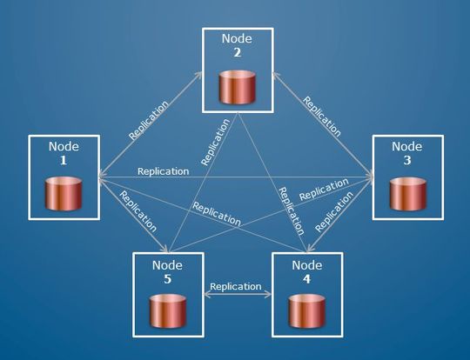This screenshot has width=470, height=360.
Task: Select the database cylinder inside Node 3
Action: (x=406, y=194)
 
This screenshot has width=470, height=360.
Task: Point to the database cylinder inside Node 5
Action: (x=168, y=310)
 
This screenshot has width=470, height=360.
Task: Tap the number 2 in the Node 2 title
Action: (x=237, y=52)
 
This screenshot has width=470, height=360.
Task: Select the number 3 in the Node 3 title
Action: (x=406, y=162)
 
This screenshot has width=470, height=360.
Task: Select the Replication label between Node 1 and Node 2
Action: (x=149, y=119)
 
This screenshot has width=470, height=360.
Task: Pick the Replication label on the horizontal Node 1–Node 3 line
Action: (x=164, y=170)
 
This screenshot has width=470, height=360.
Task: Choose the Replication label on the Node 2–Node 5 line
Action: (x=214, y=143)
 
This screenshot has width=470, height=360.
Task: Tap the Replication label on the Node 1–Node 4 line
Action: (x=216, y=214)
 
